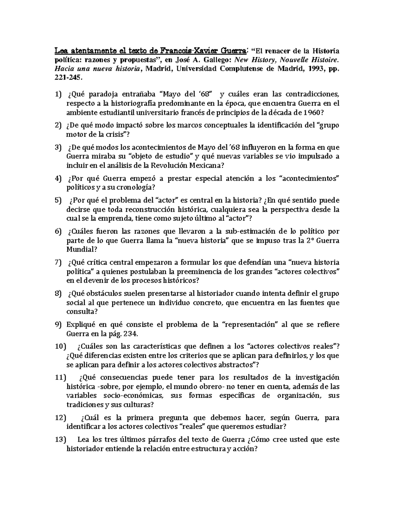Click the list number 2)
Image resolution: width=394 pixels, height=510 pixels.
[58, 125]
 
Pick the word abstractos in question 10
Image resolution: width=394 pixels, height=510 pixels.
[237, 365]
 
